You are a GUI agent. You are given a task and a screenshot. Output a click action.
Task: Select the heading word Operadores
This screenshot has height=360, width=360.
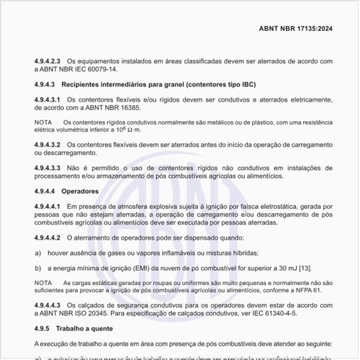click(79, 191)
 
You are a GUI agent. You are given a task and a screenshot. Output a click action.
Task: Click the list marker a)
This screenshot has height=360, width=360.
click(37, 252)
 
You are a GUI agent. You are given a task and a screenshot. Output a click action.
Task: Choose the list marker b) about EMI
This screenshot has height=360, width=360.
click(37, 267)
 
